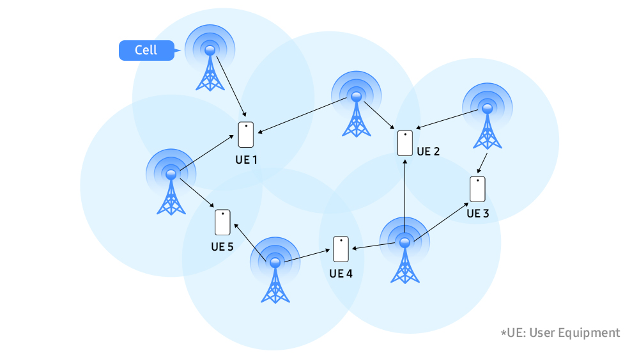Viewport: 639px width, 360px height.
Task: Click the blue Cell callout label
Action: [146, 51]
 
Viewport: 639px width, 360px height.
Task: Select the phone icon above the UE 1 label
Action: [246, 134]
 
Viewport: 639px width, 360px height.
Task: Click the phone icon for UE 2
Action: [405, 143]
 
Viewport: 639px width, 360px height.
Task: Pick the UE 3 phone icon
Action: [477, 189]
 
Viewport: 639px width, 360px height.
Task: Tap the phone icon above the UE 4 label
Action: [341, 249]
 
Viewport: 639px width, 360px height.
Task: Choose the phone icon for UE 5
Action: [222, 222]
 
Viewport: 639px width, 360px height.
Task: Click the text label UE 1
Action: [245, 159]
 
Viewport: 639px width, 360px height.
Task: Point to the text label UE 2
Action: [428, 152]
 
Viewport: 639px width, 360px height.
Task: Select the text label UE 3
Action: [477, 213]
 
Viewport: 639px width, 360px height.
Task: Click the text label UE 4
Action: [341, 274]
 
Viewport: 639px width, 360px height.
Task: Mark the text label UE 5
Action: [222, 246]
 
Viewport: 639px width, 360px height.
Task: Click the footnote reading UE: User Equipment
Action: [560, 333]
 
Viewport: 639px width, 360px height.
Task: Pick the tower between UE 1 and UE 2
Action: [356, 109]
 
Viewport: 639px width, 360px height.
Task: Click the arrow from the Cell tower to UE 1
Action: [230, 86]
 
